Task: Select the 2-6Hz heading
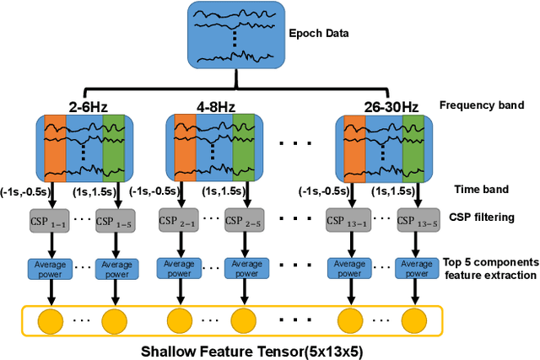(x=89, y=106)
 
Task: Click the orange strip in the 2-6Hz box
(x=55, y=147)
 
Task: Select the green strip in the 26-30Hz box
(x=412, y=147)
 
